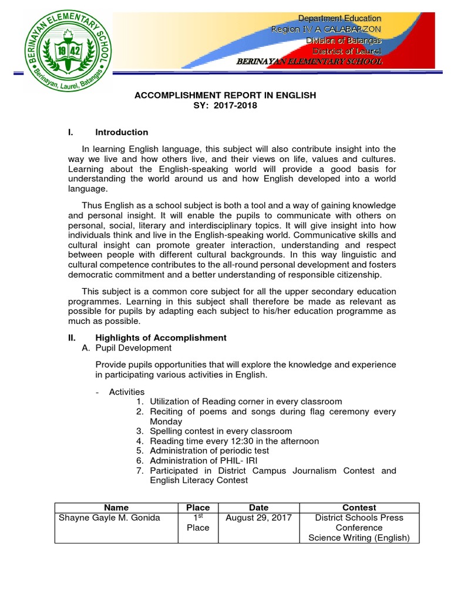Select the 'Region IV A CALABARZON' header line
(326, 29)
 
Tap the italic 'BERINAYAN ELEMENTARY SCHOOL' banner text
(309, 61)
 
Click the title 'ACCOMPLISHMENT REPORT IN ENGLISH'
(225, 94)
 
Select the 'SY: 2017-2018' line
(225, 105)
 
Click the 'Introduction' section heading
(122, 132)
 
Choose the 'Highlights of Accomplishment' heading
(160, 337)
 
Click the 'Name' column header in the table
(116, 507)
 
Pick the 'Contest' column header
(359, 507)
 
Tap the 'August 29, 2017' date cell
(258, 517)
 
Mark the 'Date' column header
(258, 507)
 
